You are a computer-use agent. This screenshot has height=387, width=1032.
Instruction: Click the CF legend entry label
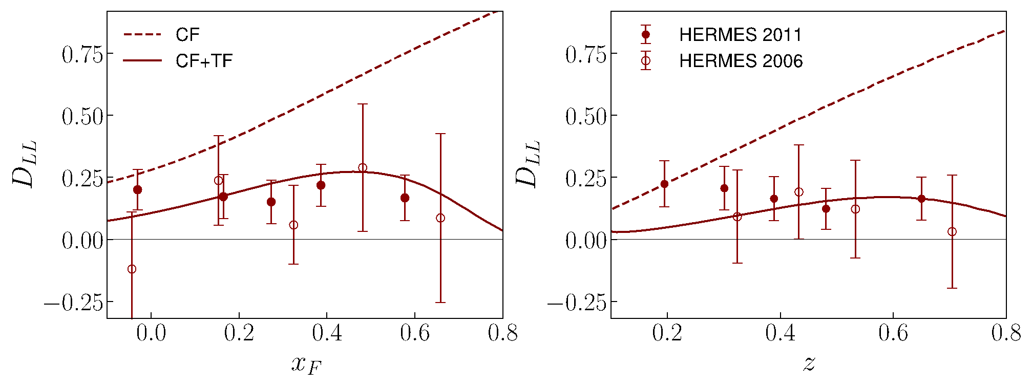187,35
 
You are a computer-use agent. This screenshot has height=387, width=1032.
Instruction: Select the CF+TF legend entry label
204,61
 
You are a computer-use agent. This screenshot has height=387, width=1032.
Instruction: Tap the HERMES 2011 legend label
740,35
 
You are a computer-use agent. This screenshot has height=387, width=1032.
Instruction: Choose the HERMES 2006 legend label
741,61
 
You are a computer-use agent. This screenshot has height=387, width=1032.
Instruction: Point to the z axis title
809,363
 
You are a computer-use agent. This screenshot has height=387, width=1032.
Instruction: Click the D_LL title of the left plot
24,164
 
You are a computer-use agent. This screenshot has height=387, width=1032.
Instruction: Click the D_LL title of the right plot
528,164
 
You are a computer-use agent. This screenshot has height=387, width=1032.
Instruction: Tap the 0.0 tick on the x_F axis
151,333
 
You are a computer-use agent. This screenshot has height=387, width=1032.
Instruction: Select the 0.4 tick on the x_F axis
327,333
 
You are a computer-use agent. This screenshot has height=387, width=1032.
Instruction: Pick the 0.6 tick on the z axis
893,333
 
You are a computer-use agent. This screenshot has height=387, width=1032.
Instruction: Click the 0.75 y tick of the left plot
82,54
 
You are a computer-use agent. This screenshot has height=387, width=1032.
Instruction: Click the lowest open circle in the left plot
132,269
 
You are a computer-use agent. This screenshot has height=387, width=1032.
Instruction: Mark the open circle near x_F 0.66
440,218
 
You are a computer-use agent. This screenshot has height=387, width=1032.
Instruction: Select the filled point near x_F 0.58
405,198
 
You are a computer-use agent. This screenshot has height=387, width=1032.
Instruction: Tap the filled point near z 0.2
664,184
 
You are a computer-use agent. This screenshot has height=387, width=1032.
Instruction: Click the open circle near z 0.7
952,232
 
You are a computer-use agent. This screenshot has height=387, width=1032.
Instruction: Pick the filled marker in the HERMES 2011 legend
646,35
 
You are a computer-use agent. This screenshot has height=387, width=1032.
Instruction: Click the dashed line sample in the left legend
142,35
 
